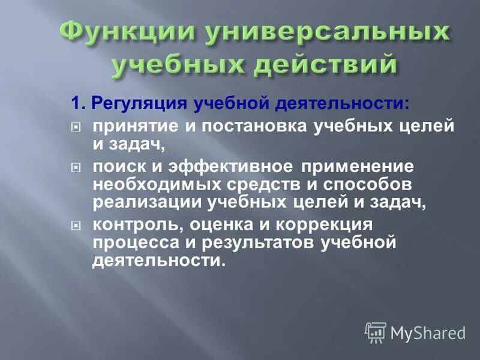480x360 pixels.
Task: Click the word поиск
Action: [113, 166]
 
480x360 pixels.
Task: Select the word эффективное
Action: [219, 166]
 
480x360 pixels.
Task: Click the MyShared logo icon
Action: [376, 332]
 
